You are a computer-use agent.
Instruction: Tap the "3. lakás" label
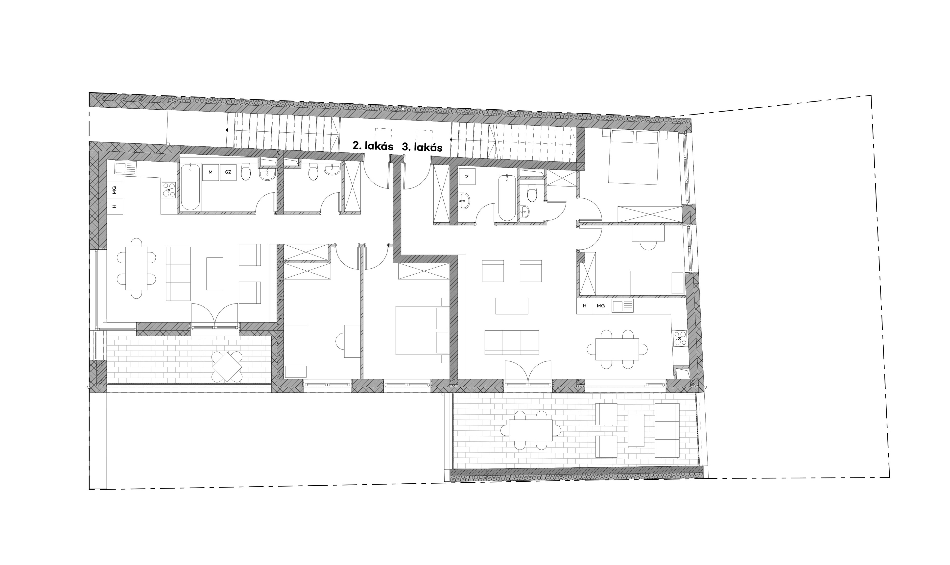[x=422, y=147]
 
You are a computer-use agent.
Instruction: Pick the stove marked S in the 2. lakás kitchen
[x=169, y=190]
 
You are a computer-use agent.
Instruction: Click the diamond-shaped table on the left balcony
[x=227, y=367]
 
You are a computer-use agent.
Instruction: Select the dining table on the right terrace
[x=530, y=430]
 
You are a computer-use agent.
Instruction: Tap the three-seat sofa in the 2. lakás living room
[x=178, y=274]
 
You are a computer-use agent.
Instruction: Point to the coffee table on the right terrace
[x=636, y=430]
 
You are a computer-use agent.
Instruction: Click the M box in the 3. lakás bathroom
[x=467, y=176]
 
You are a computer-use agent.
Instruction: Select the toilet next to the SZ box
[x=246, y=172]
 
